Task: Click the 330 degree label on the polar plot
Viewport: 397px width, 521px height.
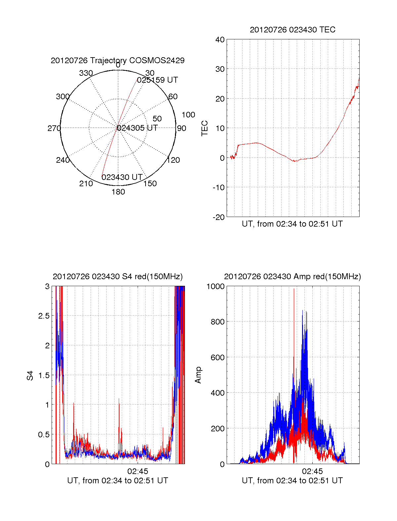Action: point(86,73)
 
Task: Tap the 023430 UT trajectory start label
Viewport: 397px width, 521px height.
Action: point(122,177)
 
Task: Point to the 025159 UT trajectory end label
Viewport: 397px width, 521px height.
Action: point(157,80)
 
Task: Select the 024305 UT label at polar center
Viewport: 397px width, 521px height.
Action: point(137,128)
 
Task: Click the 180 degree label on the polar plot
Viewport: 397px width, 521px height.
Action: point(118,192)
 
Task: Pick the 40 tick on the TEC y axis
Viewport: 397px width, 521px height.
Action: point(220,39)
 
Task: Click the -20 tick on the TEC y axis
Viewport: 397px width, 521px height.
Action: point(219,217)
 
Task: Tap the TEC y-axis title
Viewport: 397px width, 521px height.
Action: point(204,128)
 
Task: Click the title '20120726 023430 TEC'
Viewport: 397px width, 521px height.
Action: point(292,30)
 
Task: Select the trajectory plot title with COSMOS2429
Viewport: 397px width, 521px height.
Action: point(117,60)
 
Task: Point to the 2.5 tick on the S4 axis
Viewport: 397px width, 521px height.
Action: point(44,316)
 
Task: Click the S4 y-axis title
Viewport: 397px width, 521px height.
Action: point(30,375)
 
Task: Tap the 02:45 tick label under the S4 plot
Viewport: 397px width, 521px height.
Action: point(138,471)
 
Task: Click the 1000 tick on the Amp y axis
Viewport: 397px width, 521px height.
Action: point(215,286)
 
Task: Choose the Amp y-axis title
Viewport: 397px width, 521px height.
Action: point(198,375)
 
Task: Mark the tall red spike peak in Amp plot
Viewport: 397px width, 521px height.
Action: point(294,289)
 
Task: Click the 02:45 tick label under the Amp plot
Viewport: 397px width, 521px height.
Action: point(312,471)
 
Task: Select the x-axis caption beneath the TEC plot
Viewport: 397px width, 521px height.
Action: point(292,224)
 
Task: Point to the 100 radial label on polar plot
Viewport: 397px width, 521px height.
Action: point(188,115)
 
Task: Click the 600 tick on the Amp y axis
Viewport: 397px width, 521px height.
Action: point(218,358)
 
